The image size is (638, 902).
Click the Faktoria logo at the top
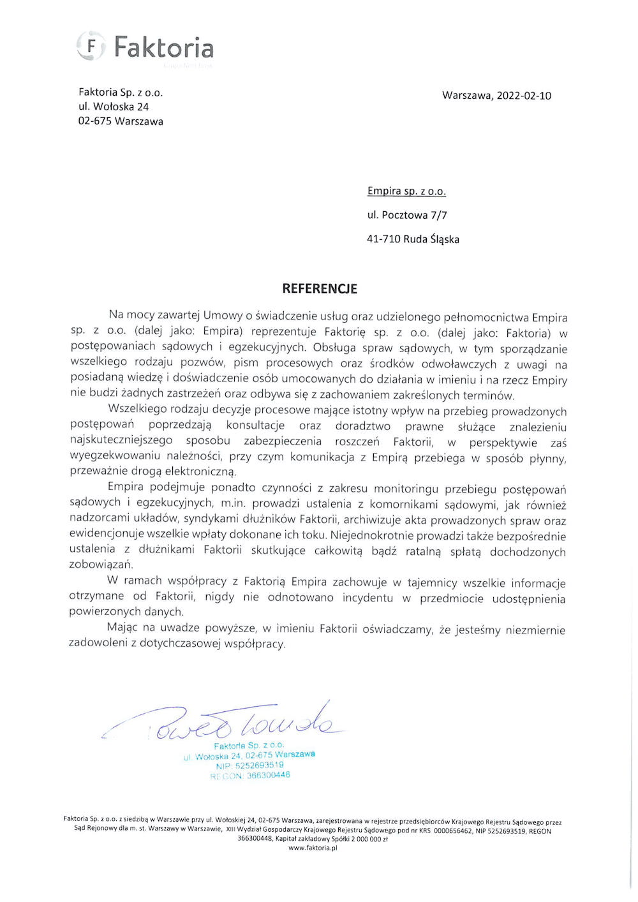click(x=145, y=47)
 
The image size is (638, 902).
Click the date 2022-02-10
click(x=524, y=96)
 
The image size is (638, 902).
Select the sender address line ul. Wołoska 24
click(x=114, y=107)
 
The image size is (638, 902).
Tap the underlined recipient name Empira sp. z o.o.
click(x=406, y=191)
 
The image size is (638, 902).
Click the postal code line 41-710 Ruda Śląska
click(x=413, y=239)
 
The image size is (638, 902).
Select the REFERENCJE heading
click(x=320, y=288)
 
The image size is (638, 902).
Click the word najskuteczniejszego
click(x=121, y=441)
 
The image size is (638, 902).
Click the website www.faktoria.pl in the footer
click(x=313, y=848)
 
